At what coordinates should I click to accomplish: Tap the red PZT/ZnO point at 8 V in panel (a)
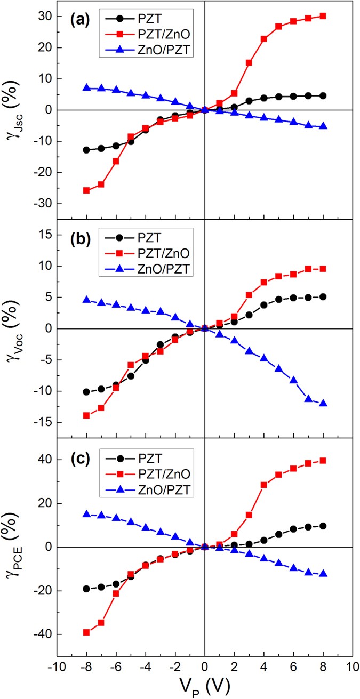click(x=323, y=16)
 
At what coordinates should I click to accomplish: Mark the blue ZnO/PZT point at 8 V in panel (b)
click(x=323, y=404)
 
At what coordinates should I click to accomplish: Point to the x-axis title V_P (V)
click(x=205, y=684)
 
